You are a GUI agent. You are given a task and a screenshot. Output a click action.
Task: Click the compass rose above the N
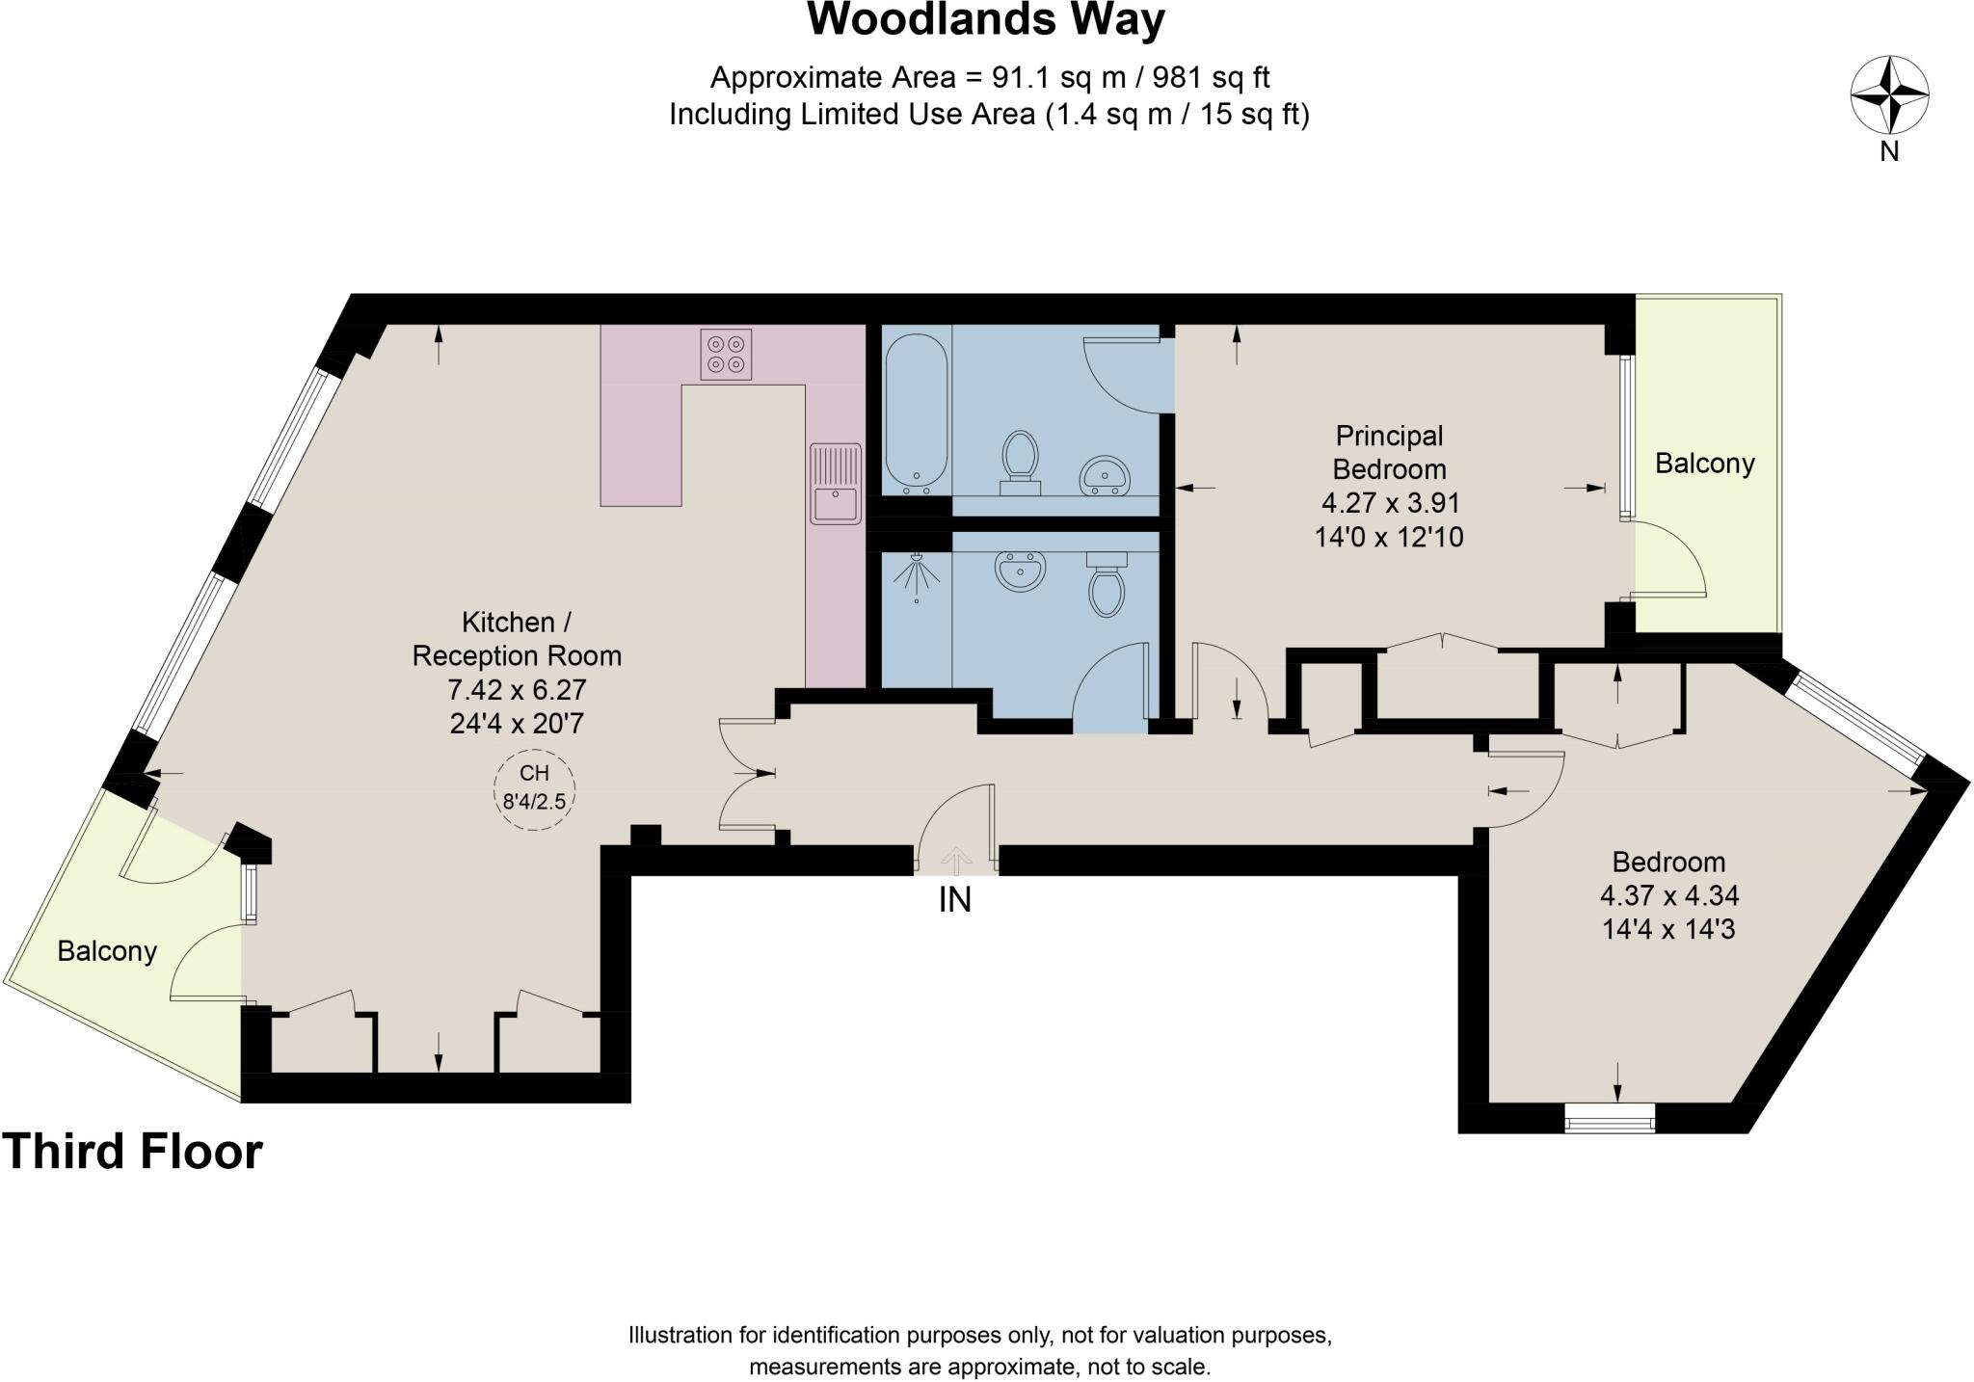pos(1889,94)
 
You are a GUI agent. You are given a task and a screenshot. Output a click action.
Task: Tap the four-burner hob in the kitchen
pos(726,354)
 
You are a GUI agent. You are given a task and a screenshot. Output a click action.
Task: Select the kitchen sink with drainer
pos(835,483)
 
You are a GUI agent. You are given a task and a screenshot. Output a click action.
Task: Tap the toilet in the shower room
pos(1106,583)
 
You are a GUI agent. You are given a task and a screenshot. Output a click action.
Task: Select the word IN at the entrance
pos(954,900)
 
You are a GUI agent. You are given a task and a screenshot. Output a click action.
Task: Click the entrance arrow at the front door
pos(955,858)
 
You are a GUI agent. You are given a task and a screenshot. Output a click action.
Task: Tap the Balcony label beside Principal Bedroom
pos(1704,464)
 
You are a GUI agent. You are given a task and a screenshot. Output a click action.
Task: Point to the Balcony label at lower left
pos(107,951)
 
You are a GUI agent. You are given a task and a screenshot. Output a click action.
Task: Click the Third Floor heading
pos(132,1152)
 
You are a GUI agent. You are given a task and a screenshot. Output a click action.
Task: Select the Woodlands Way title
pos(986,19)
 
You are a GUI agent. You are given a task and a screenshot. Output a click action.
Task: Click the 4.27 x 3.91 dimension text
pos(1390,503)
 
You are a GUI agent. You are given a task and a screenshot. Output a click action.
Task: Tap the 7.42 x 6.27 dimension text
pos(517,690)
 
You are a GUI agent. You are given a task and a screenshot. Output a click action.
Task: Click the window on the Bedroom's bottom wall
pos(1609,1119)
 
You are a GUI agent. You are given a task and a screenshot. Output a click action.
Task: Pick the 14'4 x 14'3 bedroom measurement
pos(1668,930)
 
